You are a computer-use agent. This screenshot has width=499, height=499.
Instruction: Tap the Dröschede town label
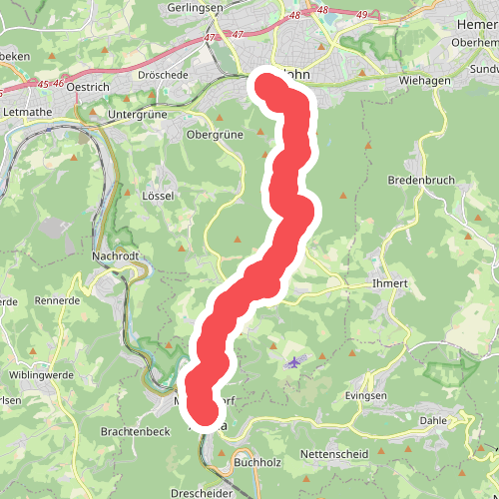163,75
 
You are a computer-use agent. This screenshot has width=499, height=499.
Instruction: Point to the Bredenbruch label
420,181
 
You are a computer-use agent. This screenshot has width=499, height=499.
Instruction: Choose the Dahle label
434,420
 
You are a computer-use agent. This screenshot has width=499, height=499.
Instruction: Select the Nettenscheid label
334,454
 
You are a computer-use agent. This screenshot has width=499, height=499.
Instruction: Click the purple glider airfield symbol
292,363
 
